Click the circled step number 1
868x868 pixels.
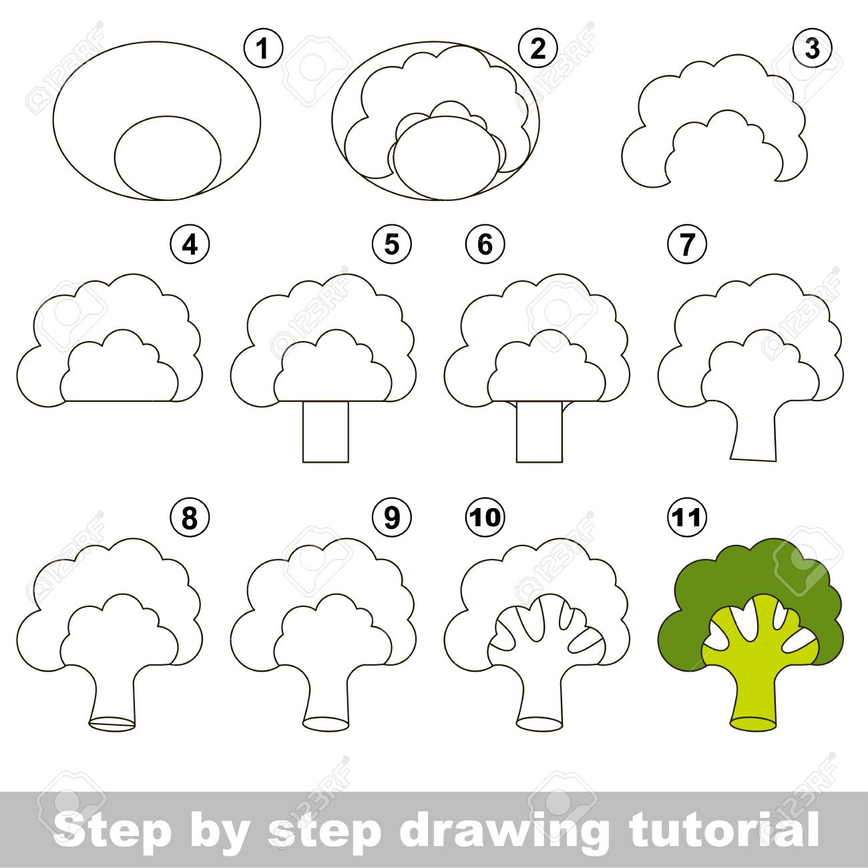coord(263,48)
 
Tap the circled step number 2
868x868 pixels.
coord(538,48)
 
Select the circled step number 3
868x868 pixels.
coord(812,48)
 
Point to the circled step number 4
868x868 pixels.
coord(190,245)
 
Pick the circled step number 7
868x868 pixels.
coord(687,245)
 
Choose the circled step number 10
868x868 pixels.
coord(485,517)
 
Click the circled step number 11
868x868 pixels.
coord(687,517)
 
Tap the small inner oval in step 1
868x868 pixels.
coord(168,158)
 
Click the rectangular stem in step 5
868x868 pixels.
coord(326,432)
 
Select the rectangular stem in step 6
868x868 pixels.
coord(539,432)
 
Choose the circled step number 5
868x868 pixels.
coord(391,245)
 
